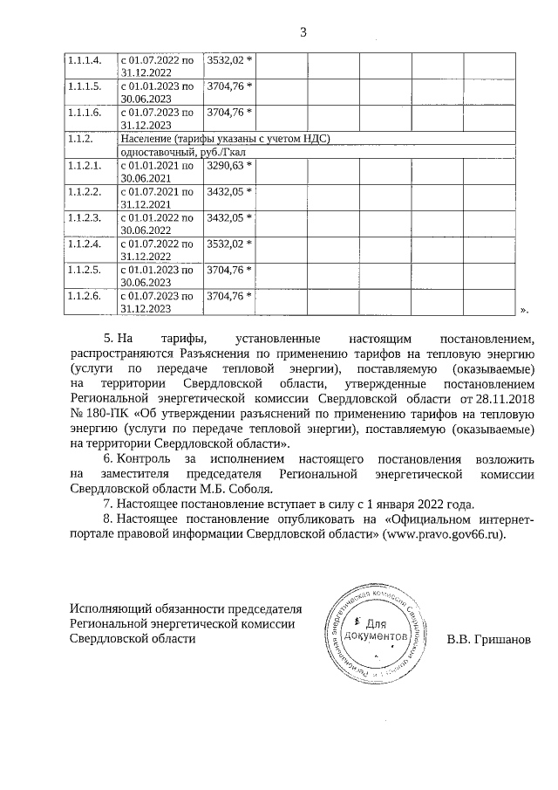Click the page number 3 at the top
click(303, 33)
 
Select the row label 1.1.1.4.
click(85, 60)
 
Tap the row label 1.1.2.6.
click(85, 296)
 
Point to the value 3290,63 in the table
click(228, 165)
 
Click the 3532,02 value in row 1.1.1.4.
click(228, 60)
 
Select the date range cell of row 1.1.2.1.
click(158, 170)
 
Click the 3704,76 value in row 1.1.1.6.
click(228, 113)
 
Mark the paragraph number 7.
click(107, 504)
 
